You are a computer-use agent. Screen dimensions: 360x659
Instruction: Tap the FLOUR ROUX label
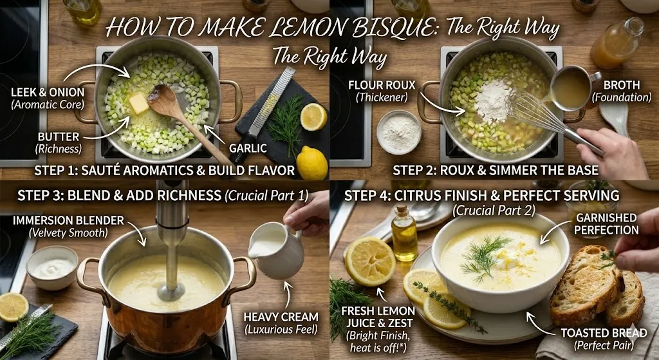click(x=381, y=91)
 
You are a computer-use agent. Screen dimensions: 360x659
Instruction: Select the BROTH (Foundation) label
click(x=621, y=91)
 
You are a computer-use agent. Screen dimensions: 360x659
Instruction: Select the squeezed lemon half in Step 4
click(x=370, y=260)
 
